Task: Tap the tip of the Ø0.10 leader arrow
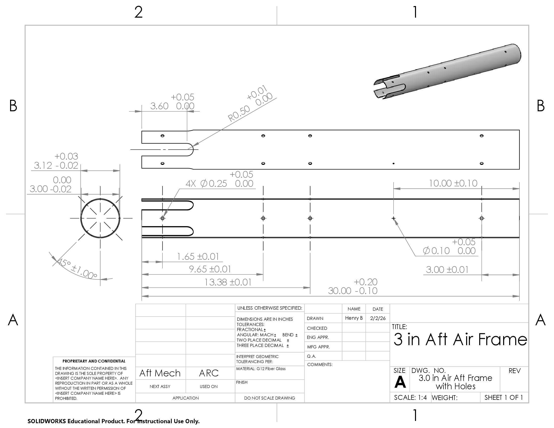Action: pos(394,219)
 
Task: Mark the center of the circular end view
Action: pos(100,218)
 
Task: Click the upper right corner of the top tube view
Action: pos(519,130)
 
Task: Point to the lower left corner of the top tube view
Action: pos(142,168)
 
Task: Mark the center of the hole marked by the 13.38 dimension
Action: pos(310,218)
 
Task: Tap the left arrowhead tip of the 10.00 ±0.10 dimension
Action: pos(394,189)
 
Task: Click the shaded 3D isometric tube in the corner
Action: pos(447,72)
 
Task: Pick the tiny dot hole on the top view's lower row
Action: pos(393,164)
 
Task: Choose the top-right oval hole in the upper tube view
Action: pos(482,136)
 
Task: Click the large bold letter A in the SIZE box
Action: pos(400,382)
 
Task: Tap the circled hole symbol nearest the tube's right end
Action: pos(482,218)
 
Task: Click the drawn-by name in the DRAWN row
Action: pos(354,318)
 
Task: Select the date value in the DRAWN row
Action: pos(378,318)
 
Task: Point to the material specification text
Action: pos(261,369)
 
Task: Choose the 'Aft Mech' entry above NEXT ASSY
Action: pos(160,373)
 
